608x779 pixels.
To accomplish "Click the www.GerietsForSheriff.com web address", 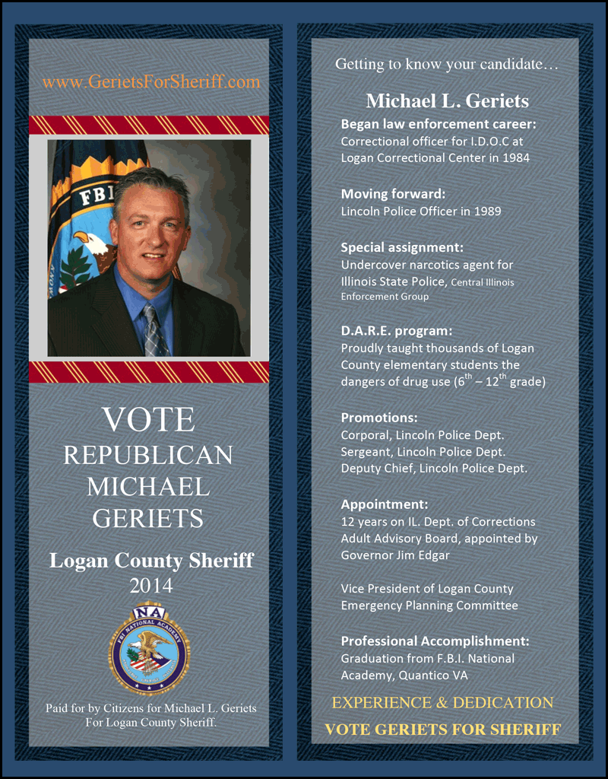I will pyautogui.click(x=150, y=82).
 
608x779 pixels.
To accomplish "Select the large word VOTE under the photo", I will pyautogui.click(x=149, y=420).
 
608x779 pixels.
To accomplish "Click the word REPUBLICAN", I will pyautogui.click(x=148, y=455).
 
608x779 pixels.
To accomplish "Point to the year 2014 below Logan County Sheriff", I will pyautogui.click(x=150, y=586).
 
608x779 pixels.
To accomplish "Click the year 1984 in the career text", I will pyautogui.click(x=515, y=158).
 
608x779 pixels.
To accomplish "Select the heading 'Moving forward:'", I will pyautogui.click(x=393, y=193).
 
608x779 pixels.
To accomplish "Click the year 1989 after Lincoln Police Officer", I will pyautogui.click(x=486, y=211).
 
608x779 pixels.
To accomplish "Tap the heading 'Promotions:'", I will pyautogui.click(x=379, y=418).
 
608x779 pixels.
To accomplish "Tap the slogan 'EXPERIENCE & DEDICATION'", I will pyautogui.click(x=443, y=703).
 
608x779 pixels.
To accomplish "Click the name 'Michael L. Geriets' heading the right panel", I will pyautogui.click(x=447, y=101).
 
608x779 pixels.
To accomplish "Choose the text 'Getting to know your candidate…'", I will pyautogui.click(x=447, y=65).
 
